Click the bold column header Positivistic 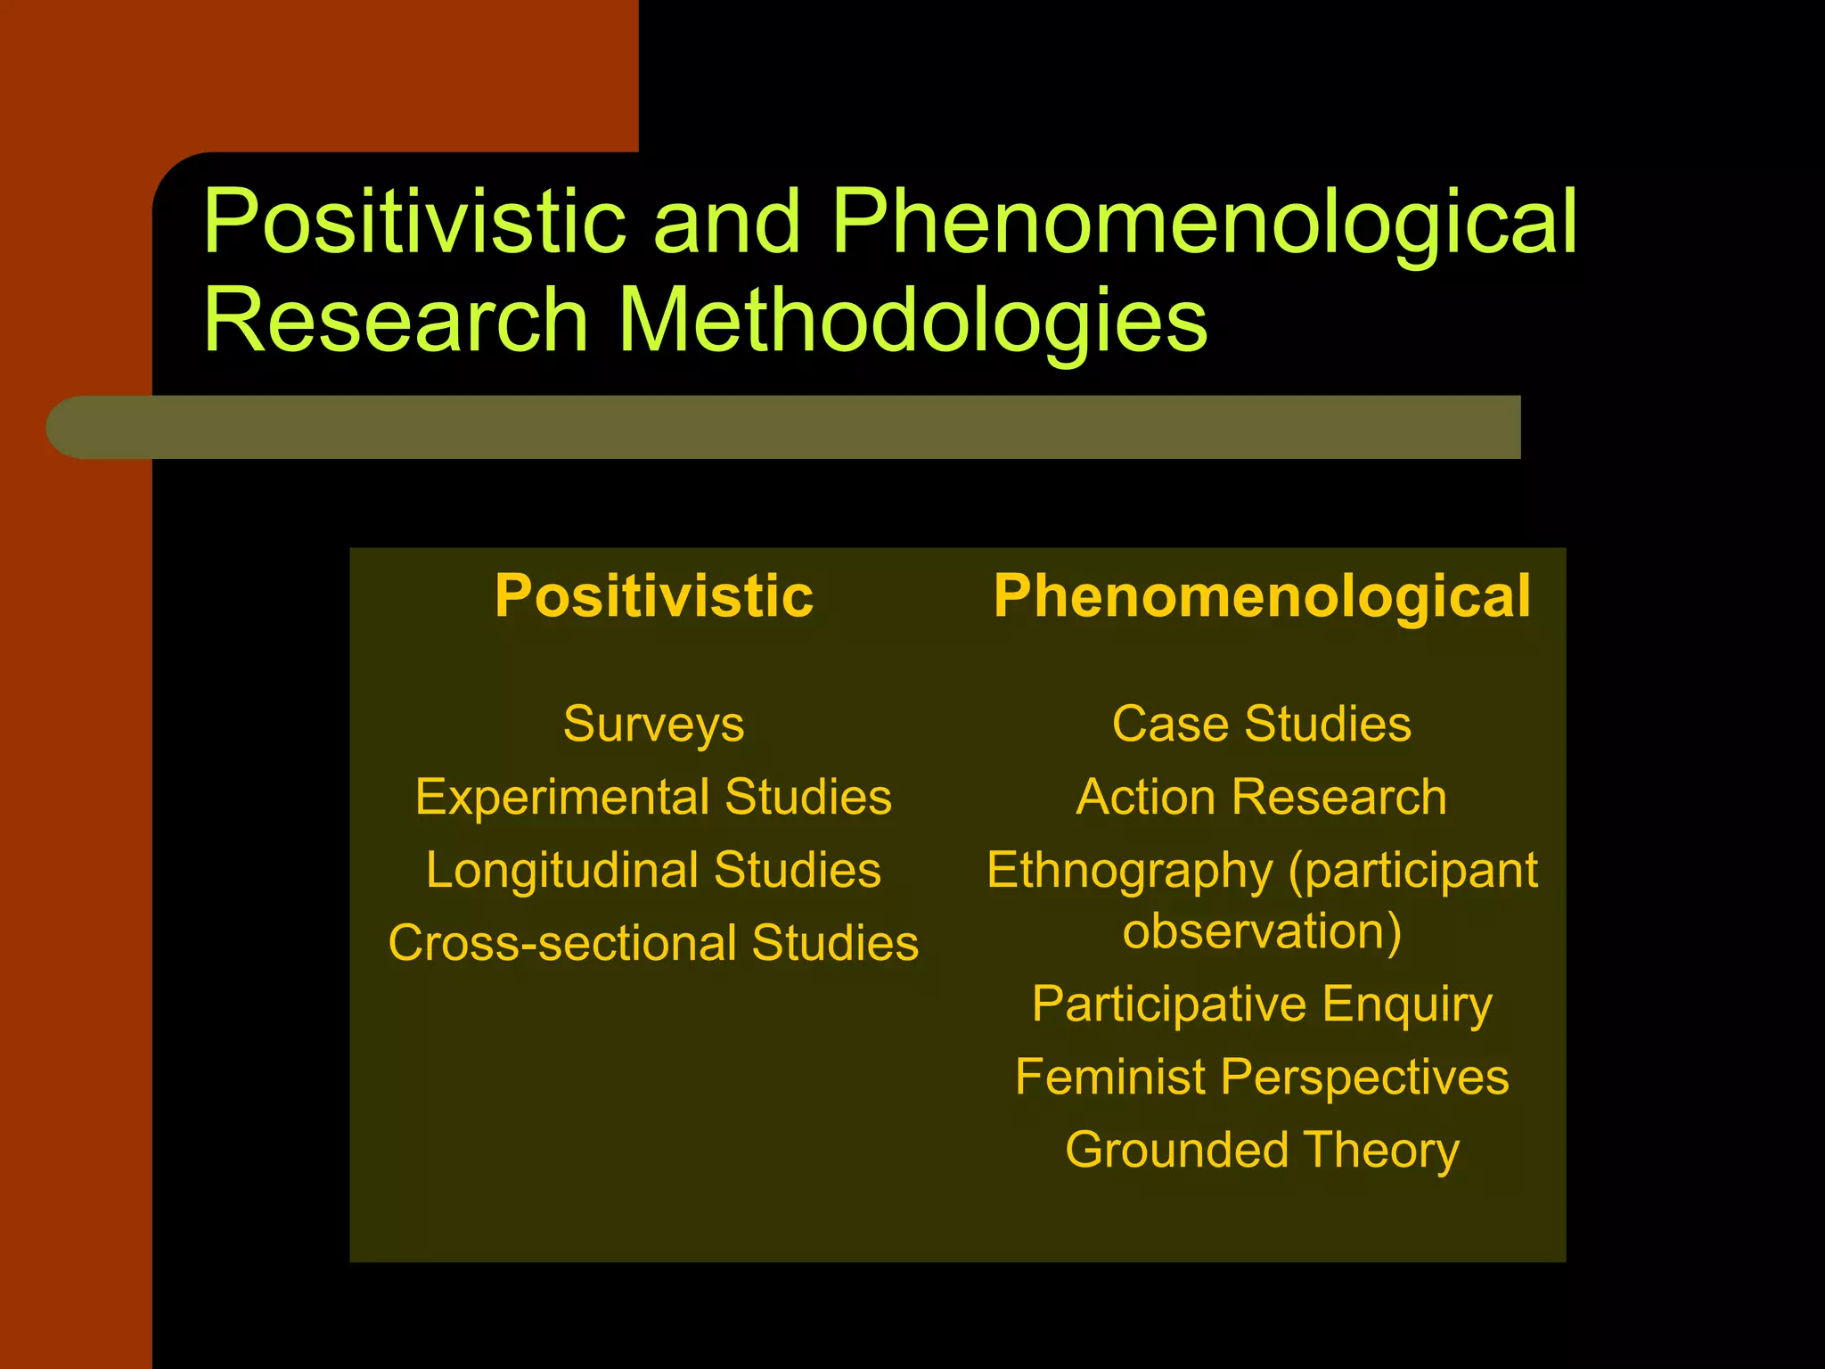654,596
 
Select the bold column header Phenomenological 1262,596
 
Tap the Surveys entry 653,724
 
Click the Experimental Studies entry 653,797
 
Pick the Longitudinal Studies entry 653,870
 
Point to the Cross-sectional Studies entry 653,943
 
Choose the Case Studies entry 1262,724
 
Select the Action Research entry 1262,797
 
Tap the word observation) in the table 1262,932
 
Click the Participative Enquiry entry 1262,1005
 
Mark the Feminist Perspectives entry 1262,1078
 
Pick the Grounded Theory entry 1262,1151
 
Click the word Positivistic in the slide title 414,222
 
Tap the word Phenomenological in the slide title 1203,224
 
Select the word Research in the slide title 396,320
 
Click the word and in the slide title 727,222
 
